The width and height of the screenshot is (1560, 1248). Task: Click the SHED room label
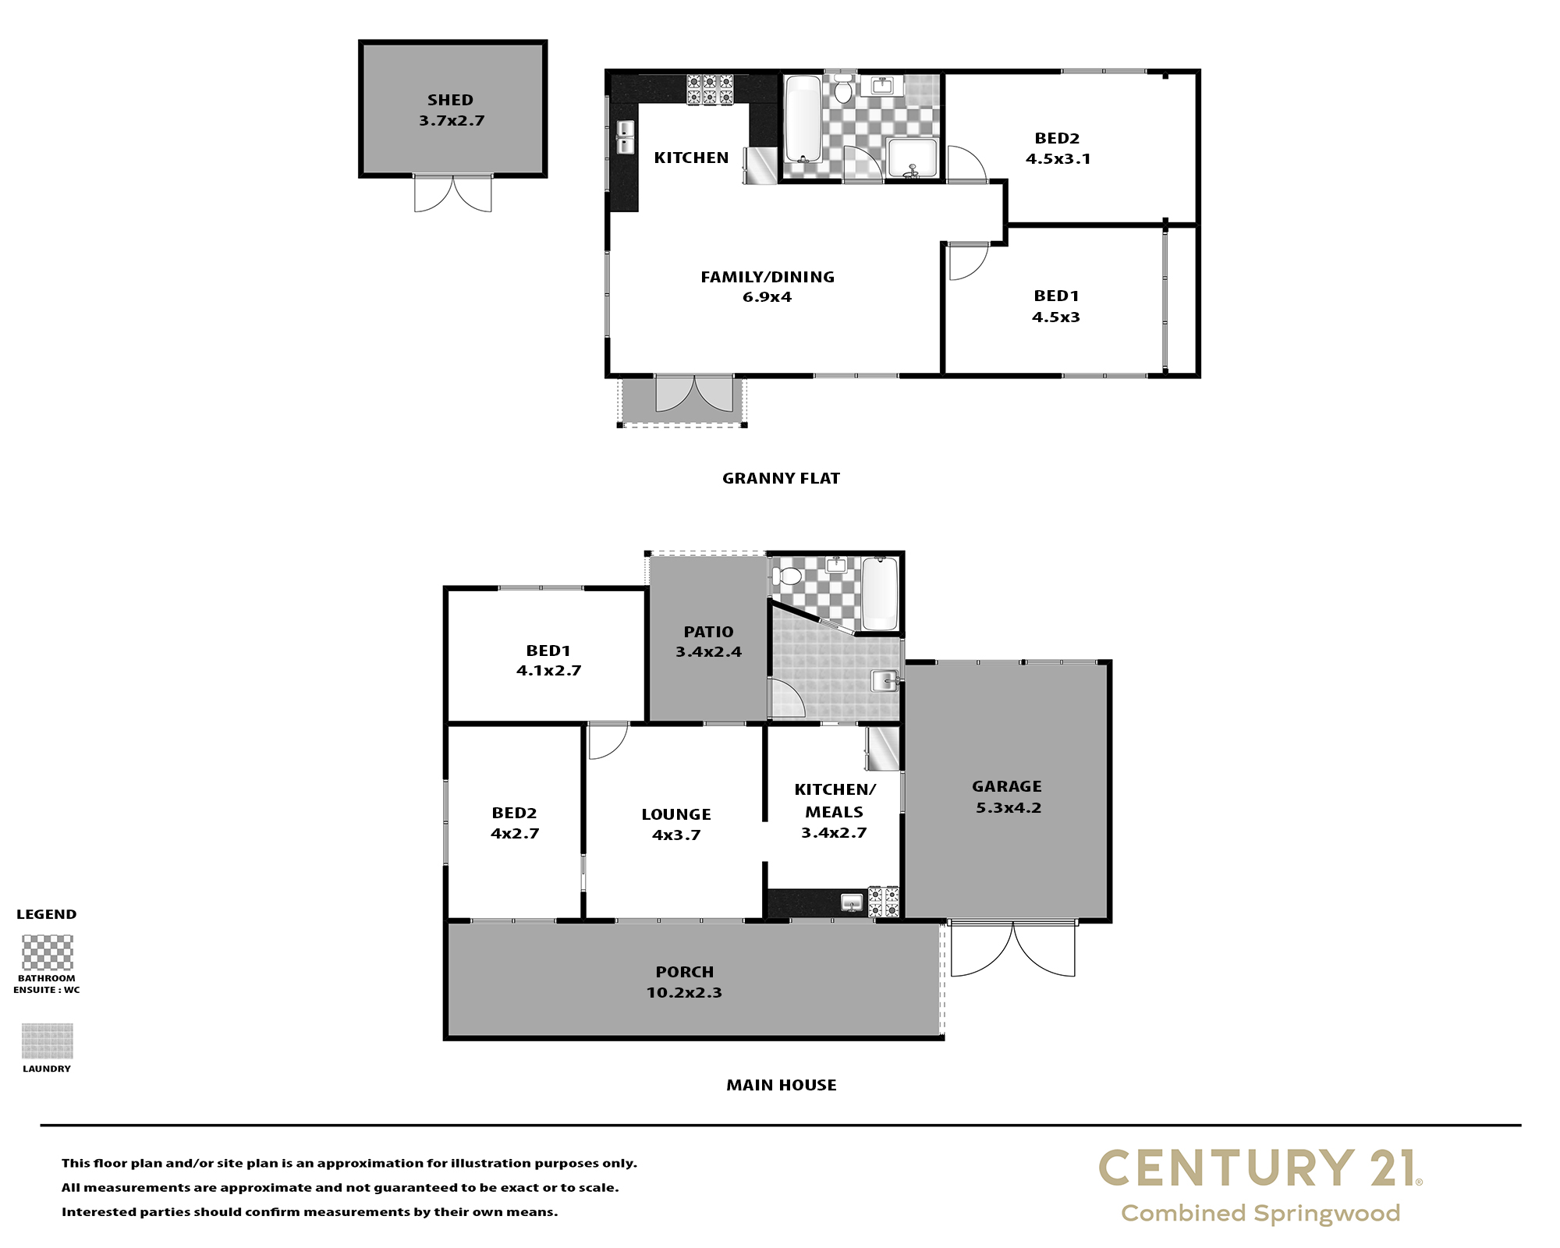(450, 100)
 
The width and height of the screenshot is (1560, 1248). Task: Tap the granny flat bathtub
(803, 118)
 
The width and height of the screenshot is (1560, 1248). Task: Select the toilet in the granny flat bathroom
(842, 88)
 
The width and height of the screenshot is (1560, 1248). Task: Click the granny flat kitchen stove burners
(710, 89)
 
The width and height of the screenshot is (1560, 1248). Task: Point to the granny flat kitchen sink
(626, 138)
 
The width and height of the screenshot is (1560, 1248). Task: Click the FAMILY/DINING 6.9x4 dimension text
(767, 297)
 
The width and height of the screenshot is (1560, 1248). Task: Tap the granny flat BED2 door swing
(966, 165)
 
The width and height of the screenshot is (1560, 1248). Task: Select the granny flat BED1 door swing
(968, 261)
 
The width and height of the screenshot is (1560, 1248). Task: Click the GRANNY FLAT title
(781, 478)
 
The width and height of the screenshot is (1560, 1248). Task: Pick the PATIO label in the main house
(708, 632)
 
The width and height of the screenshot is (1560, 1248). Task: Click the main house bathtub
(880, 594)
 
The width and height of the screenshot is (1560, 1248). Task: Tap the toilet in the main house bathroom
(786, 576)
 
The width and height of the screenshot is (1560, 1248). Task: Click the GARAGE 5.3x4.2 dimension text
(1009, 808)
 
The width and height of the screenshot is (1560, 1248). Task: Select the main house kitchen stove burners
(884, 902)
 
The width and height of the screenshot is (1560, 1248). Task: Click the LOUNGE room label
(676, 814)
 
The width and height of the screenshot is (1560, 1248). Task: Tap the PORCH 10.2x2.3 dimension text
(684, 993)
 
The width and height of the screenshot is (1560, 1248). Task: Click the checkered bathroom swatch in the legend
(47, 952)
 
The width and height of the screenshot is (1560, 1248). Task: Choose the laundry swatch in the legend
(47, 1041)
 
